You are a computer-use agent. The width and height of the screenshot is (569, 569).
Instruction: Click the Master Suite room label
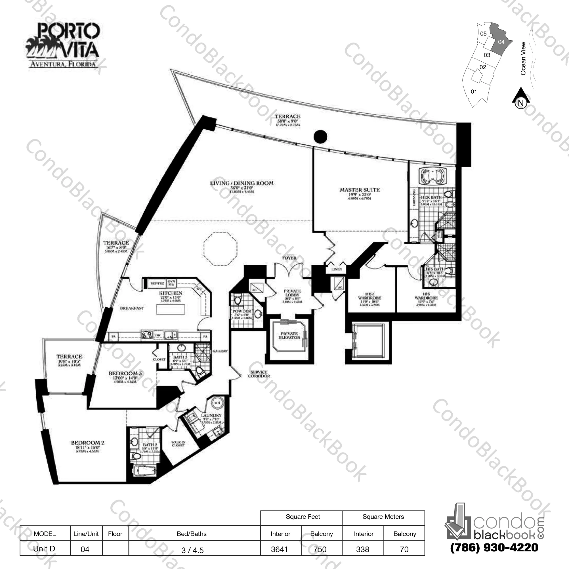360,190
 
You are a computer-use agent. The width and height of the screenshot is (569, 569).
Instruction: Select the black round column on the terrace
320,137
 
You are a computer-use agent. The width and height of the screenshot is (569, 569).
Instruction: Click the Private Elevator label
289,335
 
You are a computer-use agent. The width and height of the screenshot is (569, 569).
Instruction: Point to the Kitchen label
171,293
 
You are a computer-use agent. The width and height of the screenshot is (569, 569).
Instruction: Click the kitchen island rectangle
171,309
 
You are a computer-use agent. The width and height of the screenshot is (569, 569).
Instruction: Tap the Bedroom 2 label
87,443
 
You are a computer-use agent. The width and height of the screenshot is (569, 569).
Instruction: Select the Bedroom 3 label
125,373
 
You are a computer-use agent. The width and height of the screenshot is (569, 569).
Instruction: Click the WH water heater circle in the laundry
217,403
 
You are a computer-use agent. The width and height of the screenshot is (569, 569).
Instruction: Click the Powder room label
242,311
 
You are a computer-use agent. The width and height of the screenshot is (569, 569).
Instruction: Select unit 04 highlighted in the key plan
501,42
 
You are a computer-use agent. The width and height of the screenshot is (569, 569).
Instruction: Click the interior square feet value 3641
279,549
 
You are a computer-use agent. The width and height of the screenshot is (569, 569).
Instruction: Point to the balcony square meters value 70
404,549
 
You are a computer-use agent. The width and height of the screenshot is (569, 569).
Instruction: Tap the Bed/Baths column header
192,533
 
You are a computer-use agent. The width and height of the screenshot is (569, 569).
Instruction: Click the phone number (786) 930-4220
494,547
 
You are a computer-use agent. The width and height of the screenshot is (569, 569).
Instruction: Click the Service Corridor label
259,374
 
